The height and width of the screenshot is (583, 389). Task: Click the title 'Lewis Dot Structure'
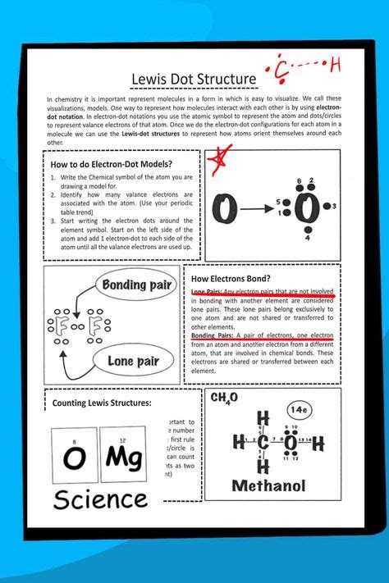point(194,79)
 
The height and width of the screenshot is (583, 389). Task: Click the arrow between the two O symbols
point(262,210)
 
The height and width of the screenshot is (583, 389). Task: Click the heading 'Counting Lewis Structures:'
point(101,403)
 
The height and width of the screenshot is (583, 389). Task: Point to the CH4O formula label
point(224,398)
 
